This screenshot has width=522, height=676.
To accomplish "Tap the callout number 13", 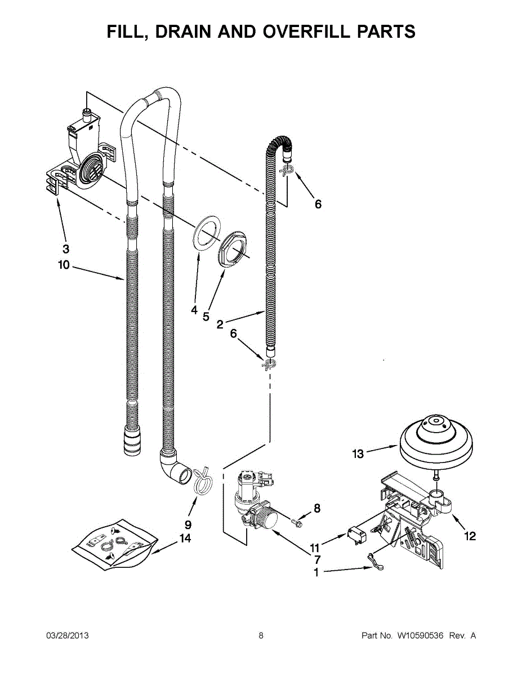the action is (x=358, y=454).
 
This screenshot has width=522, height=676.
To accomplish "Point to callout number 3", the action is (x=66, y=249).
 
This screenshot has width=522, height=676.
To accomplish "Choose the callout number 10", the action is (x=64, y=265).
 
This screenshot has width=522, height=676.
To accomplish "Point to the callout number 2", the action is (x=220, y=325).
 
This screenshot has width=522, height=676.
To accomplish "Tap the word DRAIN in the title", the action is (x=185, y=32).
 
